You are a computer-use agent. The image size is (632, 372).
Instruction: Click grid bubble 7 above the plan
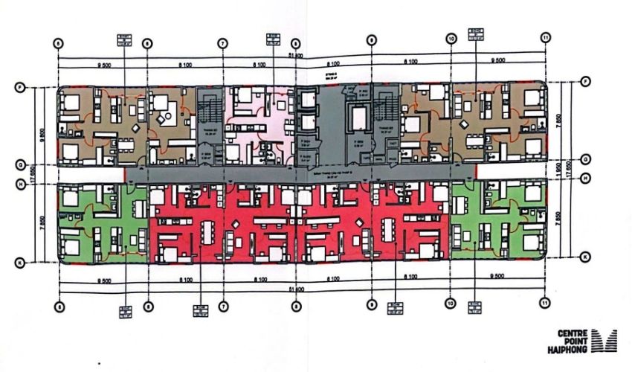coord(222,43)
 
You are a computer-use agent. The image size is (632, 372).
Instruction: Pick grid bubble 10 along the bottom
coord(450,304)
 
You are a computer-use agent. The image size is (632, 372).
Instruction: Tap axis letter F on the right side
coord(586,81)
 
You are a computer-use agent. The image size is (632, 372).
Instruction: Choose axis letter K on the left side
coord(19,261)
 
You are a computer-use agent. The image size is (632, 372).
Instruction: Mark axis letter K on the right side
coord(586,257)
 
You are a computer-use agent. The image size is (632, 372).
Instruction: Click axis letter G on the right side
coord(586,158)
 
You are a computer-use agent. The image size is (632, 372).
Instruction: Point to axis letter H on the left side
coord(19,179)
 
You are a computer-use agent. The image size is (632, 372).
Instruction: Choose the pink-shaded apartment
coord(259,123)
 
